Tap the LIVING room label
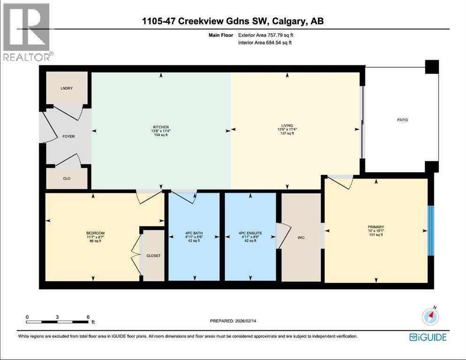pos(287,126)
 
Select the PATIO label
pos(401,120)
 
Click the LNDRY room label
pos(67,89)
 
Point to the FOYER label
pos(68,136)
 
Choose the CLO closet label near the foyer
pos(67,178)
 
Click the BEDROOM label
pos(95,233)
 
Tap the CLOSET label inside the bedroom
pos(153,255)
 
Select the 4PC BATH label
pos(193,233)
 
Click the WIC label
pos(301,238)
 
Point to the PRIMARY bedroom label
pos(376,227)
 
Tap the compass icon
pos(430,318)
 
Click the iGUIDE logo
pos(428,337)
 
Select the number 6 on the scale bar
pos(88,317)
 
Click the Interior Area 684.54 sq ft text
pos(265,43)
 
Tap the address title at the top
pos(233,21)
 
